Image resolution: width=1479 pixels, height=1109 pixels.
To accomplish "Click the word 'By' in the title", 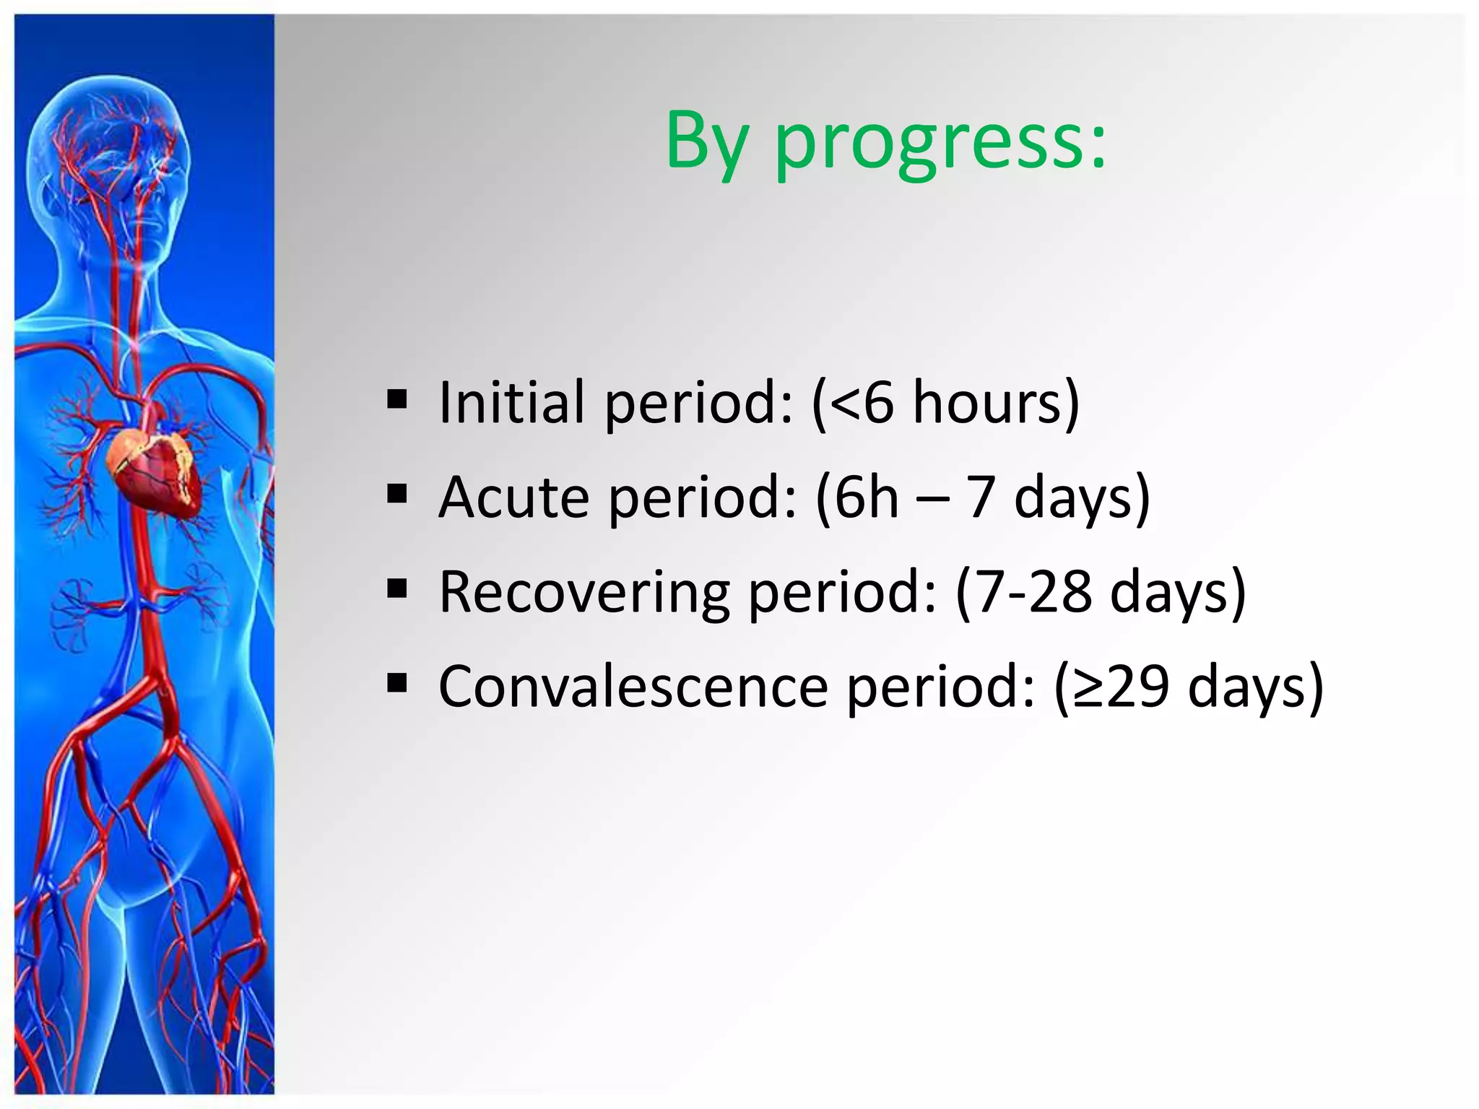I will tap(706, 142).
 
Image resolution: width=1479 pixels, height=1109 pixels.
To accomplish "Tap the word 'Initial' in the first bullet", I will tap(511, 401).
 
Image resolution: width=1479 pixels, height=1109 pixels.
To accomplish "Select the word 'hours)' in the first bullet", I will tap(996, 401).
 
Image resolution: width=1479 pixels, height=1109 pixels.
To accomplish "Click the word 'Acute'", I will tap(514, 497).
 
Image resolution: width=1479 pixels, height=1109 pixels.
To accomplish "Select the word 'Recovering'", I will tap(584, 592).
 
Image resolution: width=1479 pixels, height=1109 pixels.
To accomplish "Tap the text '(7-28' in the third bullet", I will tap(1023, 592).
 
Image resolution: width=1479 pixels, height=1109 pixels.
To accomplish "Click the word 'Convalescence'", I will tap(633, 687).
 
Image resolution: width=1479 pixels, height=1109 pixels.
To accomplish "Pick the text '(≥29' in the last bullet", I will tap(1111, 687).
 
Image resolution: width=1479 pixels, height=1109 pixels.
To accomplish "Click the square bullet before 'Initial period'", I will tap(397, 399).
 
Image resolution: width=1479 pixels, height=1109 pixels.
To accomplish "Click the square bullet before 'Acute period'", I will tap(397, 494).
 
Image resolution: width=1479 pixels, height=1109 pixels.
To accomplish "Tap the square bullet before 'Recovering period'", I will tap(397, 589).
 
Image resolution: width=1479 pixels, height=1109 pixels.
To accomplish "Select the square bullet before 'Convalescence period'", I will tap(397, 683).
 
